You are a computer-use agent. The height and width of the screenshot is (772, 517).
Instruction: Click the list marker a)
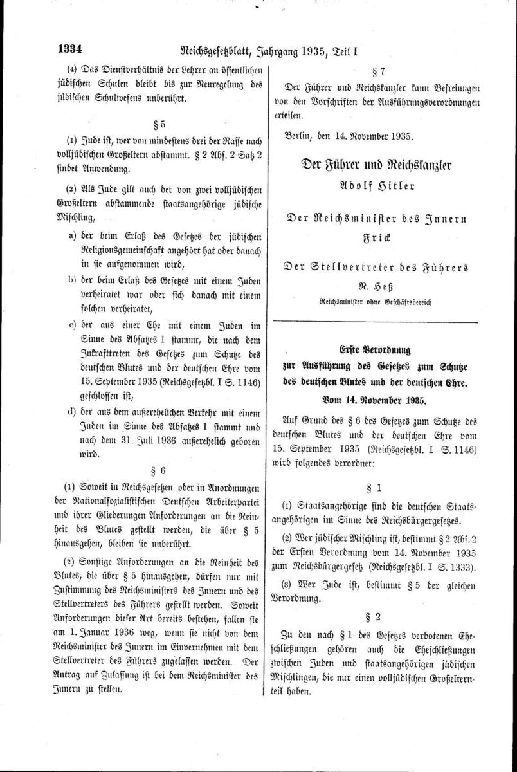coord(73,236)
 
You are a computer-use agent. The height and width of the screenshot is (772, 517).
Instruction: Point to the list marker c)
coord(73,324)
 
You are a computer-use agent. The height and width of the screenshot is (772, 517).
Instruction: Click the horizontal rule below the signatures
coord(376,320)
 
